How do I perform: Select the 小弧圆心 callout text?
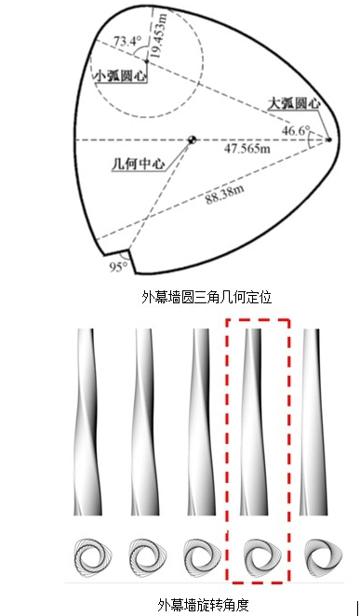[x=121, y=75]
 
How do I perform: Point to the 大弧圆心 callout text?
[x=294, y=103]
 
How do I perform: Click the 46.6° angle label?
[x=296, y=131]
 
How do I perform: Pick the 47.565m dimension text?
[x=247, y=149]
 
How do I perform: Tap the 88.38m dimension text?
[x=224, y=194]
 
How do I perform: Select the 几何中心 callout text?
[x=139, y=164]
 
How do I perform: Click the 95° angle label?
[x=119, y=267]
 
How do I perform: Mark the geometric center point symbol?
[x=192, y=140]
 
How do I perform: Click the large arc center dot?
[x=329, y=140]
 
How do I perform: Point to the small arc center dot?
[x=147, y=60]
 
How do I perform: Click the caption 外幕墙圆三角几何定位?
[x=207, y=298]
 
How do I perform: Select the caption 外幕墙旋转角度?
[x=204, y=605]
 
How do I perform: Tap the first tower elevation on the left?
[x=87, y=422]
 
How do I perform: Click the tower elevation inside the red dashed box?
[x=254, y=422]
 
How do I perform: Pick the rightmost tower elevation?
[x=313, y=422]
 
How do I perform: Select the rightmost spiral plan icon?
[x=324, y=556]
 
